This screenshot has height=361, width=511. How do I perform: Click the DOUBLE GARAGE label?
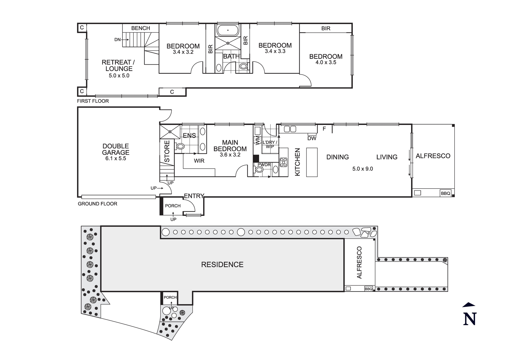[115, 149]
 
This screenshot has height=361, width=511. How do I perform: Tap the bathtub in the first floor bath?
[228, 30]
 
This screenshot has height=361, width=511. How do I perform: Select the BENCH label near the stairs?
[141, 28]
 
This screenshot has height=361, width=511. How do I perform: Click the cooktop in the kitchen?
[283, 162]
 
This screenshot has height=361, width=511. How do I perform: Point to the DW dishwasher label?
[312, 138]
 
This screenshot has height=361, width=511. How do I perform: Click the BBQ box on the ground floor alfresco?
[445, 193]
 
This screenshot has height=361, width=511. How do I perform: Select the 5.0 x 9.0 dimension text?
[363, 169]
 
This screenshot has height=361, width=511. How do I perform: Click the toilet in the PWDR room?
[259, 170]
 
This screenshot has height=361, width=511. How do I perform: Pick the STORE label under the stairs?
[167, 151]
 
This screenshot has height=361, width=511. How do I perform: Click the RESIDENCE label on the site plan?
[222, 265]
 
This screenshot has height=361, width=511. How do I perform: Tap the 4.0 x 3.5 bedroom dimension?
[326, 63]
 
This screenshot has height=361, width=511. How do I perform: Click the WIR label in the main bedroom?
[199, 161]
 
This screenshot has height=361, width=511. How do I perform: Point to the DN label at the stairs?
[117, 40]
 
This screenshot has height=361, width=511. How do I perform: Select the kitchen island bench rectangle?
[312, 162]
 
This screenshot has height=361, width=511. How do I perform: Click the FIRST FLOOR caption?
[93, 101]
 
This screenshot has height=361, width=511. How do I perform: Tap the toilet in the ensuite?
[180, 146]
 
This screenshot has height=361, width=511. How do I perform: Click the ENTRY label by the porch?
[194, 196]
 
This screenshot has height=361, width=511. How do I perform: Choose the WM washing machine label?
[257, 141]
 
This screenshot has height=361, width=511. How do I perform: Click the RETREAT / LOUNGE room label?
[118, 65]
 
